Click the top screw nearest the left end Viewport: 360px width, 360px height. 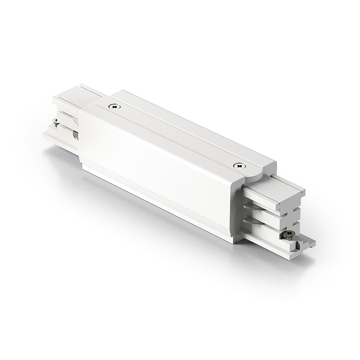coord(115,106)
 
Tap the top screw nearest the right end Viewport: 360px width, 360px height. coord(240,165)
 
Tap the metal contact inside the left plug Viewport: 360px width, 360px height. coord(74,135)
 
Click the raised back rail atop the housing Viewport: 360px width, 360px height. coord(186,121)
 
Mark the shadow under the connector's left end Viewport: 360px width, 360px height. coord(62,155)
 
